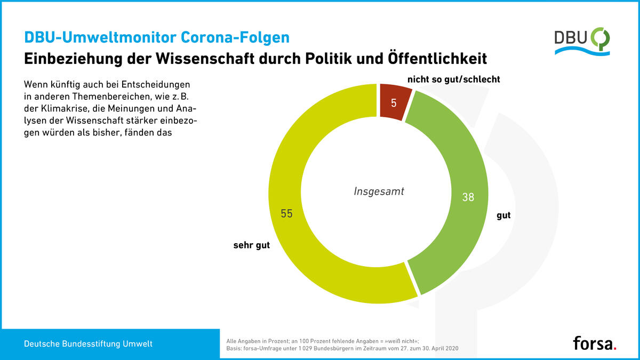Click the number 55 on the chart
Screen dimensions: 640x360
tap(286, 213)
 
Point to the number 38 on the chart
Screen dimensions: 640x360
tap(468, 197)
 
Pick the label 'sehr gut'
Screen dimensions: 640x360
tap(251, 245)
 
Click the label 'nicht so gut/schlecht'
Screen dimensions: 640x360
tap(454, 79)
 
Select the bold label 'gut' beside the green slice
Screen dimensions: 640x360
tap(503, 215)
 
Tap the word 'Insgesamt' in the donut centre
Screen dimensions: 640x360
tap(379, 191)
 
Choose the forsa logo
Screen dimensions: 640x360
tap(595, 343)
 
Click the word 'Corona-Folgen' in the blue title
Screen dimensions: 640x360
tap(235, 37)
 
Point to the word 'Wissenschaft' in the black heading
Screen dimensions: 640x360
tap(205, 59)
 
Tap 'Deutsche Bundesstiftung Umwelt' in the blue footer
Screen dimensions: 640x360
tap(88, 343)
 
